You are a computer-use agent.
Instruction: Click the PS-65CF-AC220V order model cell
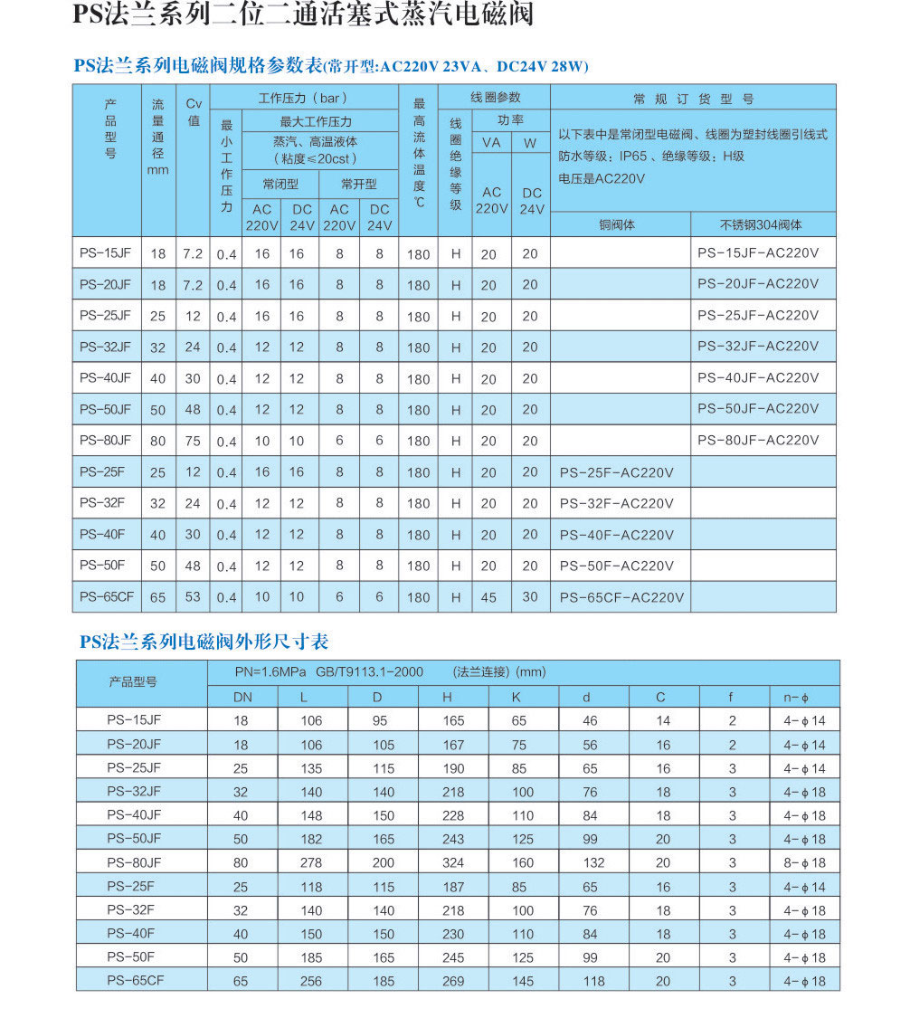(x=621, y=597)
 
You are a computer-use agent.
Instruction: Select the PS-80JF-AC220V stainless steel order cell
(x=758, y=441)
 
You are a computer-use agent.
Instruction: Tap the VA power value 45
(x=488, y=597)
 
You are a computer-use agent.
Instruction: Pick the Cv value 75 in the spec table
(x=193, y=442)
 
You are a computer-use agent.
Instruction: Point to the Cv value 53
(x=193, y=597)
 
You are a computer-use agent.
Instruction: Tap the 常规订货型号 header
(x=693, y=99)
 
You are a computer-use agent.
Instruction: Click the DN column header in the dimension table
(x=242, y=697)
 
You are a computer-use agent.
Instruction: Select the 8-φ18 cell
(x=804, y=863)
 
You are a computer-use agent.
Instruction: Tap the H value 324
(x=453, y=863)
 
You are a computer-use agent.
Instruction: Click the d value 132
(x=591, y=863)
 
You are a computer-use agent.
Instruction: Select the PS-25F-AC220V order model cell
(x=616, y=472)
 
